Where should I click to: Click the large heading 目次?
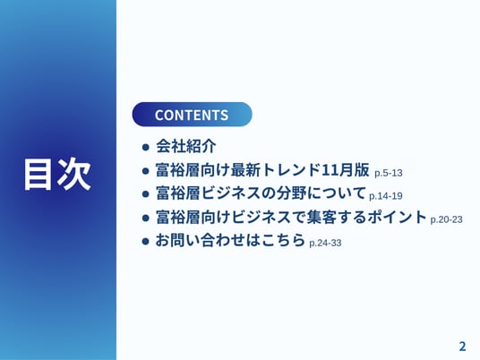tap(58, 175)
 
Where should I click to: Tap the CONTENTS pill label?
tap(192, 115)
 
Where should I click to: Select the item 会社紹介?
tap(186, 146)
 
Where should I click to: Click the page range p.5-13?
tap(388, 173)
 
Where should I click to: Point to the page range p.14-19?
tap(386, 196)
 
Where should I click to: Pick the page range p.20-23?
tap(446, 219)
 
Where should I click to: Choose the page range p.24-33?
tap(325, 243)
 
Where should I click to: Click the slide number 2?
tap(462, 347)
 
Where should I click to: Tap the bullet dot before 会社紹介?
tap(146, 147)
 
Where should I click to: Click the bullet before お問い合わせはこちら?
tap(146, 242)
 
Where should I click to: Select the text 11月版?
tap(346, 170)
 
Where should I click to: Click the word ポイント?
tap(397, 217)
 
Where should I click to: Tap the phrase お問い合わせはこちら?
tap(230, 240)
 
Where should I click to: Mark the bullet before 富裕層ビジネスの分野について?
tap(146, 194)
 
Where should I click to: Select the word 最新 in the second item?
tap(245, 170)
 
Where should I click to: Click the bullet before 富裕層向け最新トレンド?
tap(146, 171)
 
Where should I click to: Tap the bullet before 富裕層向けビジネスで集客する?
tap(146, 218)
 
